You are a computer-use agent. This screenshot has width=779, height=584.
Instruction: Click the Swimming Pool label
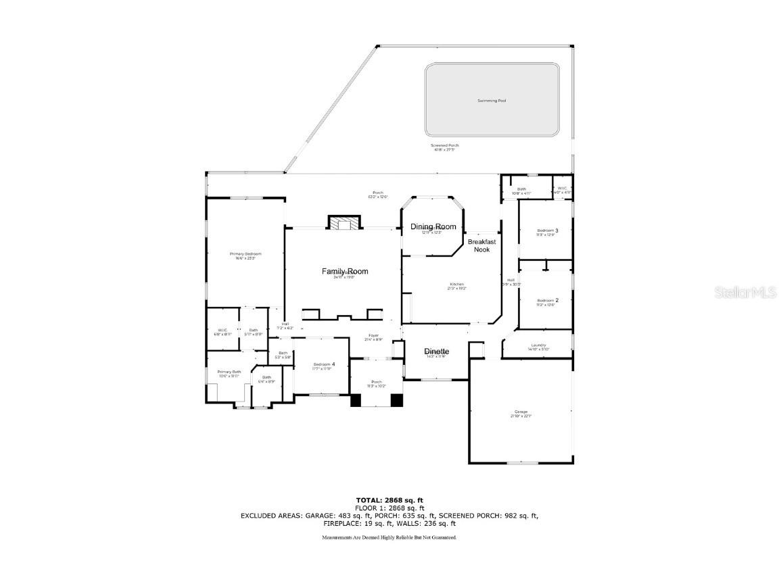[492, 101]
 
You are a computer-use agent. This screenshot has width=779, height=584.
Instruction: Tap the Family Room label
[345, 272]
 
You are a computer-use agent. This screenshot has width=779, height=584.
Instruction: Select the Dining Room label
[433, 227]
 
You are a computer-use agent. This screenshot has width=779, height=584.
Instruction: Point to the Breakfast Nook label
[482, 245]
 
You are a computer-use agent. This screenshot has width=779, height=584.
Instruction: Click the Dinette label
[436, 351]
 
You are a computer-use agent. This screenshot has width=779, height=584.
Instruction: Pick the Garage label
[520, 412]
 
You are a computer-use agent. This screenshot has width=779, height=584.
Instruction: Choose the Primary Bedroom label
[245, 254]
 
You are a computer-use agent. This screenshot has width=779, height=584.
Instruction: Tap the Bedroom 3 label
[546, 230]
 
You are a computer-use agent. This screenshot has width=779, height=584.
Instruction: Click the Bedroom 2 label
[546, 301]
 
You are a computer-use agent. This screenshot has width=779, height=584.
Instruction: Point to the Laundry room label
[538, 345]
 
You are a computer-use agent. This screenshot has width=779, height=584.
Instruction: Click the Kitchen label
[457, 285]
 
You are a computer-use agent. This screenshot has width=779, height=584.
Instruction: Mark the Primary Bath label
[229, 372]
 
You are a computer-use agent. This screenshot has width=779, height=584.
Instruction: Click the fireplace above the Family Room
[344, 223]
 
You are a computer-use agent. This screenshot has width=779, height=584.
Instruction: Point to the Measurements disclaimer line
[389, 537]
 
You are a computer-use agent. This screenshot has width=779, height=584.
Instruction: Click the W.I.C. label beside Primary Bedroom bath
[222, 331]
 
